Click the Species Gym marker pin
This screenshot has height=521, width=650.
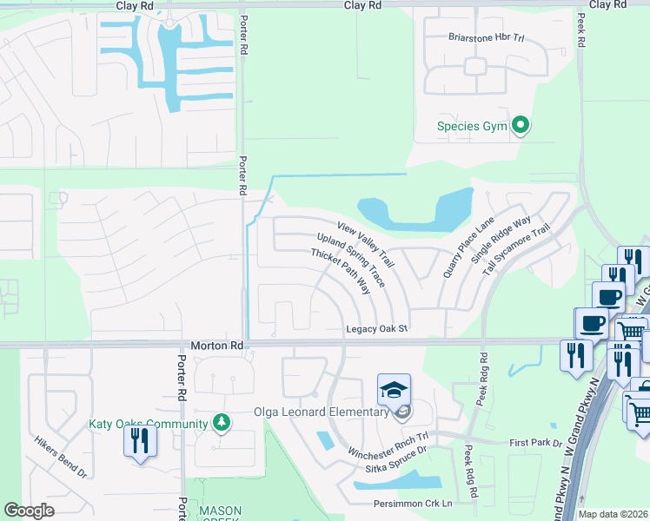[x=521, y=126]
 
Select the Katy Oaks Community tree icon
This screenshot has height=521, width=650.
[x=223, y=423]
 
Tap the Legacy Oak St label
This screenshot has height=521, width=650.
[x=376, y=329]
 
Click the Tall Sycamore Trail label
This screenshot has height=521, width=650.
[x=517, y=251]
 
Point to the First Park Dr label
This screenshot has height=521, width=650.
[x=535, y=443]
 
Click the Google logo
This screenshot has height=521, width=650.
[x=30, y=511]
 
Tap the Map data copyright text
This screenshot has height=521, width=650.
[x=612, y=514]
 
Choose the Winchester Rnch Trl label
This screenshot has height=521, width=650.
[x=388, y=445]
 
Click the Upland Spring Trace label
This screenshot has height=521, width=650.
[x=351, y=260]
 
